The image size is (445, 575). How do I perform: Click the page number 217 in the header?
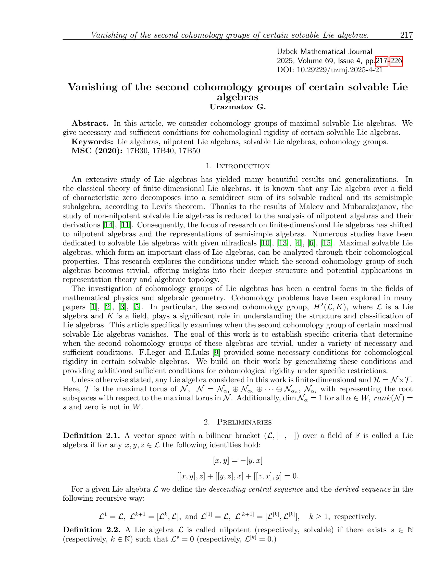pos(406,35)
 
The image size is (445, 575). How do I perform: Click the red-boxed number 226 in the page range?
pos(396,61)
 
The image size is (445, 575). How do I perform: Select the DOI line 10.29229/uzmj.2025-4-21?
pos(330,70)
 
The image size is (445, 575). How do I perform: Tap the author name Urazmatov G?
pos(237,107)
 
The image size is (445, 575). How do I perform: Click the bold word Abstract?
pos(90,123)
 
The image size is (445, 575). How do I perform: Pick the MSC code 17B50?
pos(189,151)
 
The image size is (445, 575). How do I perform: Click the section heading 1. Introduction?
pos(237,166)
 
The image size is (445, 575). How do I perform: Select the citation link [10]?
pos(265,243)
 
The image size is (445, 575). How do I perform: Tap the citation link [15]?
pos(327,243)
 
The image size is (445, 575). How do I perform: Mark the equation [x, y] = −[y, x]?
pos(237,460)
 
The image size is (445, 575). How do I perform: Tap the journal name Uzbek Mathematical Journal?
pos(324,52)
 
